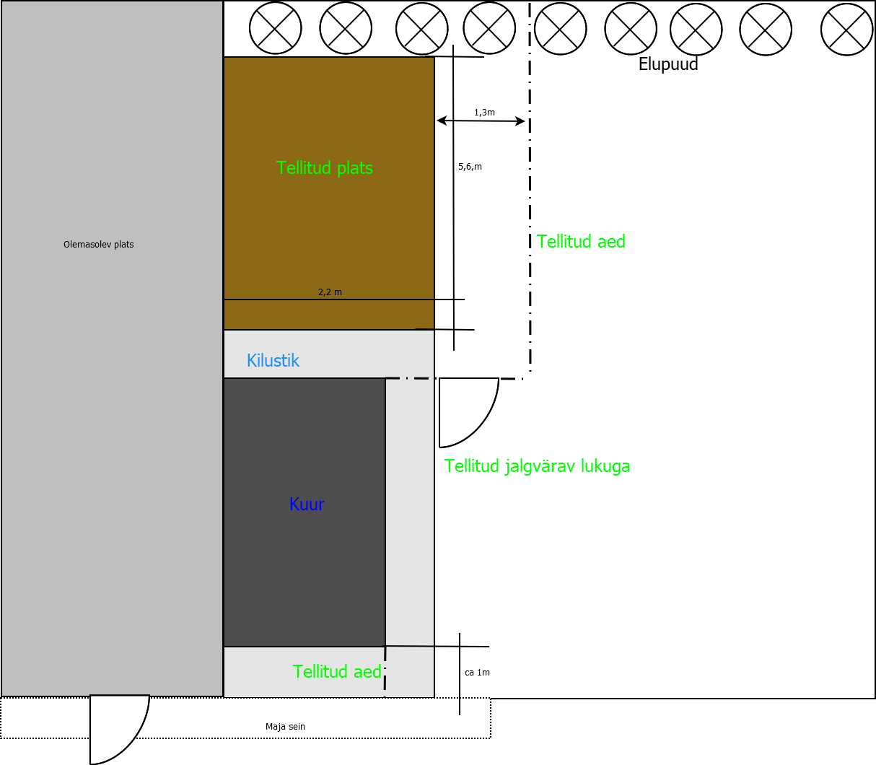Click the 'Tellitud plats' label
(325, 168)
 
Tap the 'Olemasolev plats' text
(99, 245)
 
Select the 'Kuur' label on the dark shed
(307, 504)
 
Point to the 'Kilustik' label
(273, 361)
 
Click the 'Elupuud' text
(668, 64)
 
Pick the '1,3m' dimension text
(484, 113)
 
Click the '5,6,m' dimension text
(470, 167)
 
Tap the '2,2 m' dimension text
(330, 292)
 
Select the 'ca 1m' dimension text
(477, 673)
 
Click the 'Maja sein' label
(285, 727)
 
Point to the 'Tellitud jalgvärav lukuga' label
(537, 466)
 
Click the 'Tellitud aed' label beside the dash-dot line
(581, 242)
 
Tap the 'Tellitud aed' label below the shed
(337, 672)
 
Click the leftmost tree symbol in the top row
(276, 28)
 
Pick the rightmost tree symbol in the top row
(847, 29)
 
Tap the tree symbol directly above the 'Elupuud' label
(696, 30)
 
